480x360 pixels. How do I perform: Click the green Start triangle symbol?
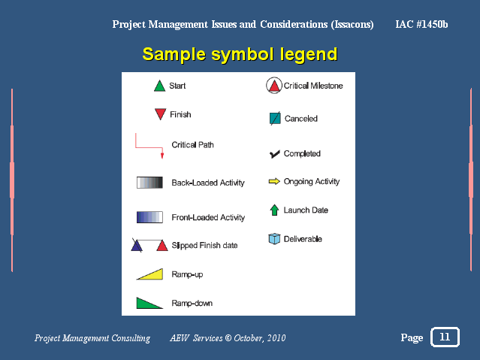tap(159, 86)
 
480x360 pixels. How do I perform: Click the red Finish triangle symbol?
tap(159, 114)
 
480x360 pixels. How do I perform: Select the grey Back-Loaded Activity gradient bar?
tap(149, 182)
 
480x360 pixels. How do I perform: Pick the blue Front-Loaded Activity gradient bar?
tap(149, 217)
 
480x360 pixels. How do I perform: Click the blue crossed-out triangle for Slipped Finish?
tap(137, 246)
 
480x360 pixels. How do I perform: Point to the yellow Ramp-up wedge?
tap(151, 274)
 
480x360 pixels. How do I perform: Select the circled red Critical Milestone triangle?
tap(274, 86)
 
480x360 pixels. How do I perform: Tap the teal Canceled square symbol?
tap(275, 118)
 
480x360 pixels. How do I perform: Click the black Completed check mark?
tap(274, 154)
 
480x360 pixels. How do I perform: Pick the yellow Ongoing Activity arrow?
tap(274, 182)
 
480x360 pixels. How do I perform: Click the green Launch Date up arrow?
tap(274, 210)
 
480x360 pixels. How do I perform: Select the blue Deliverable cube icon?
tap(274, 239)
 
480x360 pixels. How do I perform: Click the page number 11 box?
tap(445, 337)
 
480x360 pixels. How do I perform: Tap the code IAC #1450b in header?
tap(421, 25)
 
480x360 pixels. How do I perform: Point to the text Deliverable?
tap(303, 239)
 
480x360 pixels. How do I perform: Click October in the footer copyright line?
tap(248, 338)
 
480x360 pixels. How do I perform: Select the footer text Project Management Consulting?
tap(92, 338)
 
